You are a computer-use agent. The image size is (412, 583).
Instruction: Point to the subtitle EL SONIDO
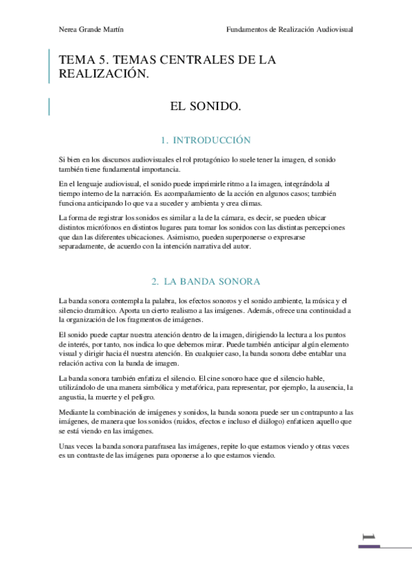(206, 107)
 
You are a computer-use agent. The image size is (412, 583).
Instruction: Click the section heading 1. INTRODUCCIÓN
(206, 140)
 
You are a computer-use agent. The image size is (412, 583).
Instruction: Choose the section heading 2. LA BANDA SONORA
(206, 282)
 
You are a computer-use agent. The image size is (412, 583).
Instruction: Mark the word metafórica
(182, 388)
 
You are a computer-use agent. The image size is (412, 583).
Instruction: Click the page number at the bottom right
(370, 536)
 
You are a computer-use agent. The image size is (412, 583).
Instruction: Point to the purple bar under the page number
(369, 547)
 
